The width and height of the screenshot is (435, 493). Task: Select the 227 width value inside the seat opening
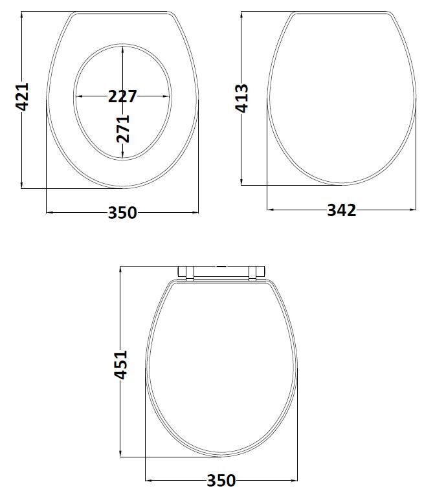click(x=122, y=96)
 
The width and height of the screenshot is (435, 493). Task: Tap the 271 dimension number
click(x=123, y=128)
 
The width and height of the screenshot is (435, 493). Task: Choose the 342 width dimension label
click(x=341, y=210)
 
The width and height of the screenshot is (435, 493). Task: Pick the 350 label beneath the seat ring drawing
click(x=122, y=212)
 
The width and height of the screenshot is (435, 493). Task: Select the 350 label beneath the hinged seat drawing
click(x=221, y=481)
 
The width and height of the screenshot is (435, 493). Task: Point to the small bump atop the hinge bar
click(x=222, y=265)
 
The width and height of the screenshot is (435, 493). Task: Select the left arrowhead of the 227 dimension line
click(x=78, y=96)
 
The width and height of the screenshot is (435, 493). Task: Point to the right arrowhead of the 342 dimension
click(x=412, y=210)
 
